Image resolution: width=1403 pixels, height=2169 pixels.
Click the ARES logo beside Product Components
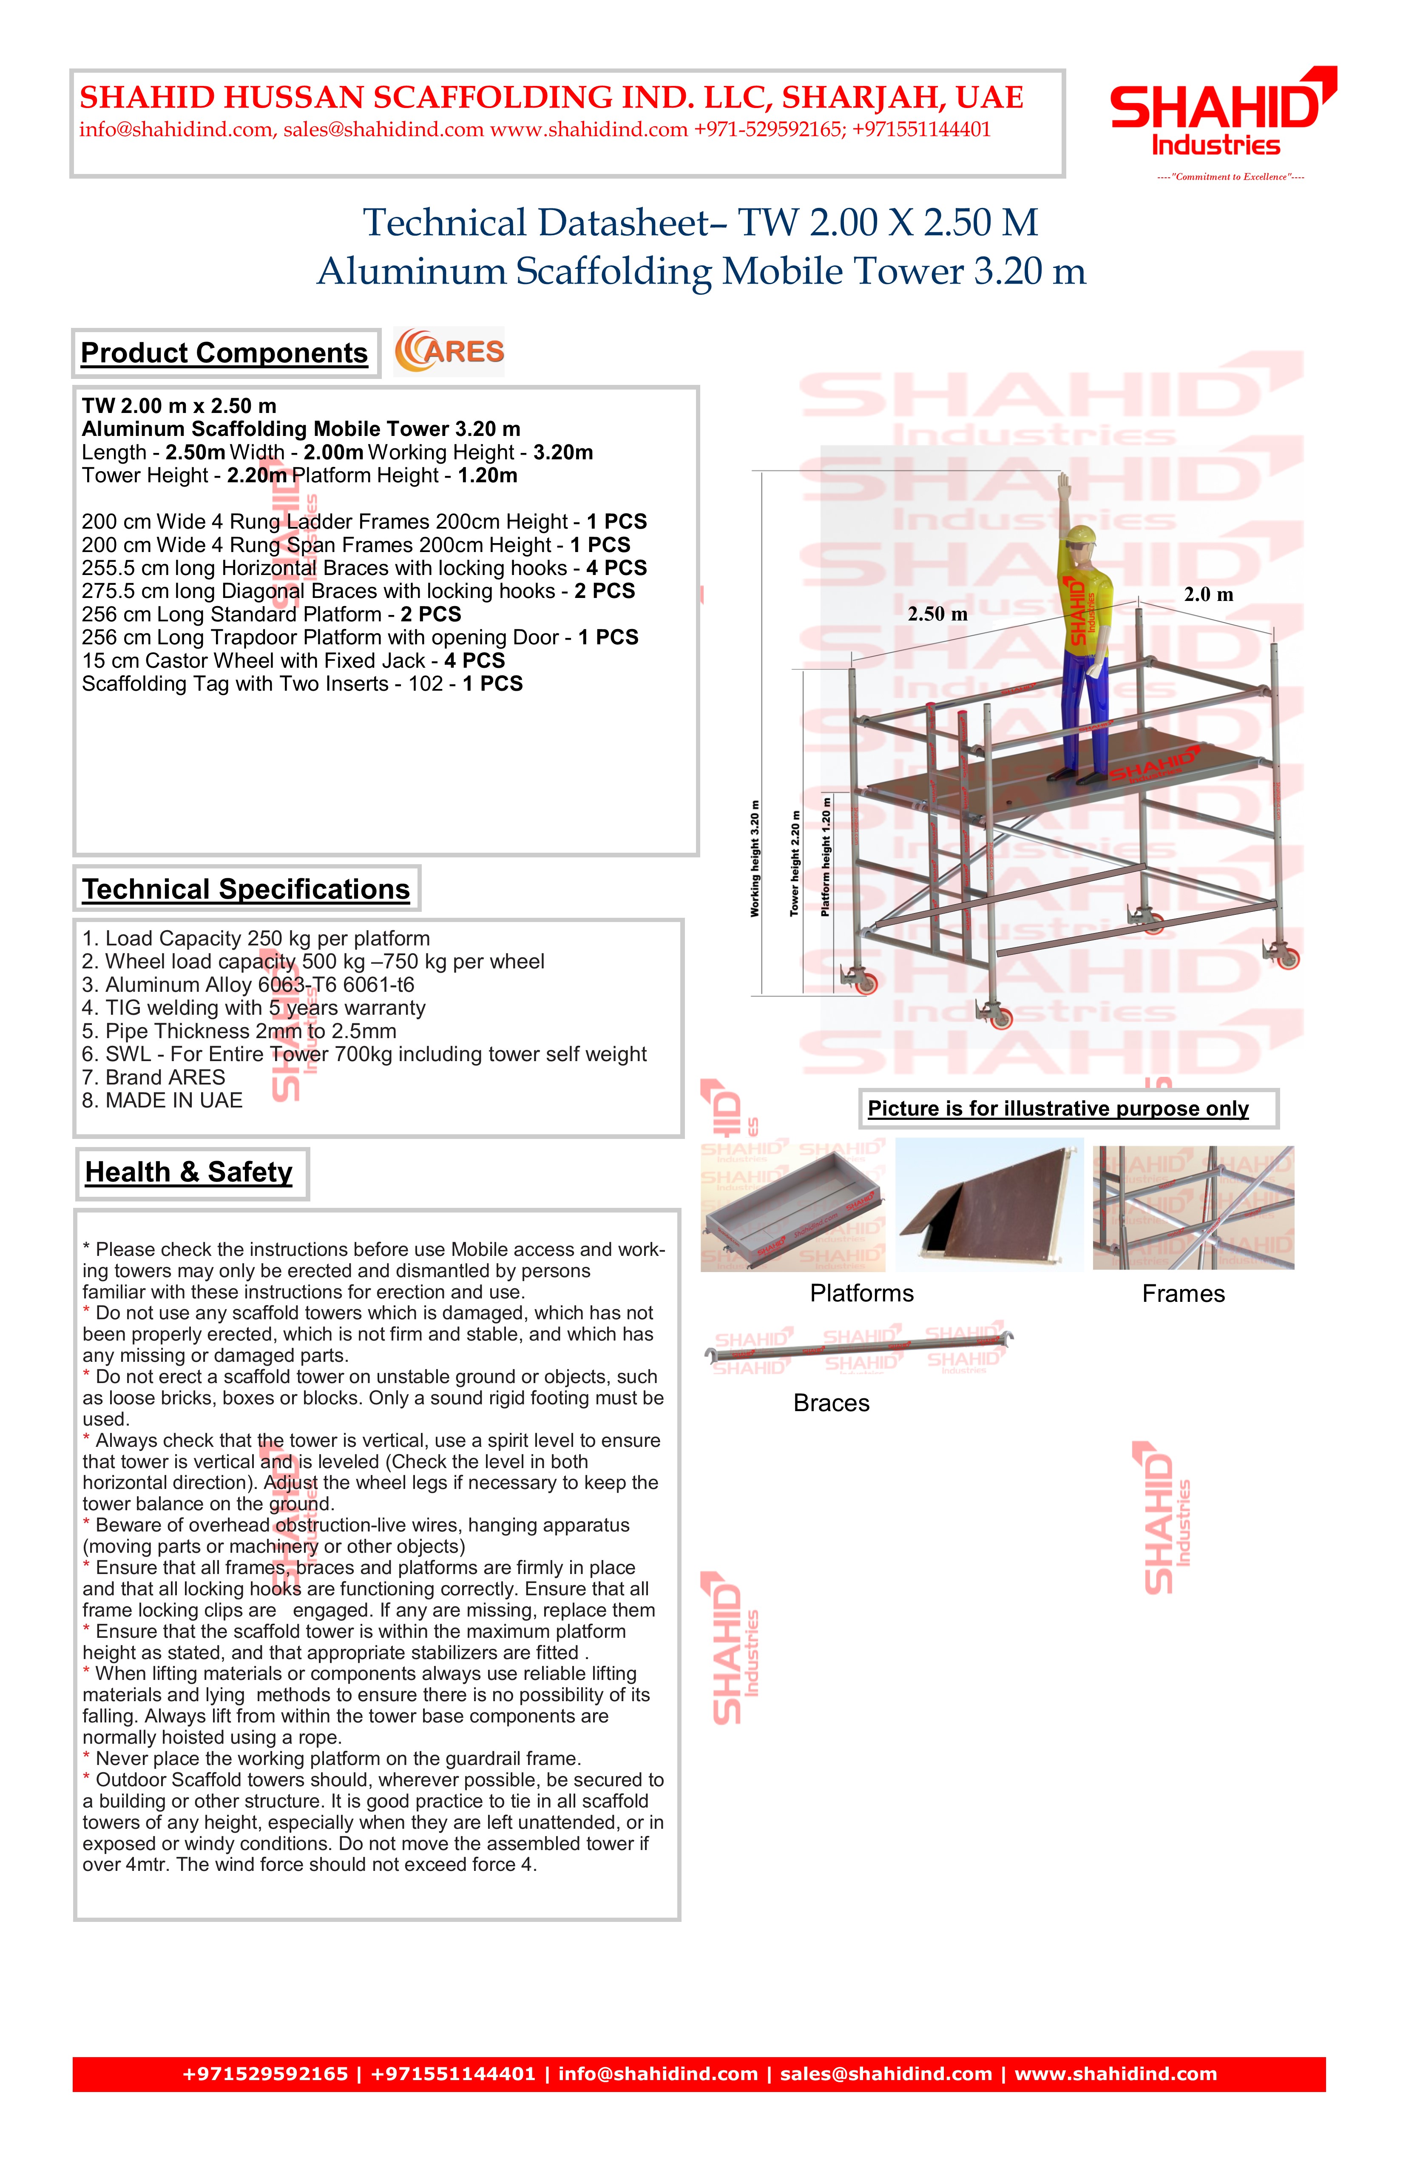pos(449,352)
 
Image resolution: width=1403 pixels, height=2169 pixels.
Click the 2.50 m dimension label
pos(937,614)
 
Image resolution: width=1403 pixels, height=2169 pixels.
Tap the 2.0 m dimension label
pos(1208,595)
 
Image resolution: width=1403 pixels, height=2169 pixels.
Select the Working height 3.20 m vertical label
pos(754,859)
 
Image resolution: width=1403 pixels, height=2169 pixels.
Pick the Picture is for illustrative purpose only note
pos(1058,1109)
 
